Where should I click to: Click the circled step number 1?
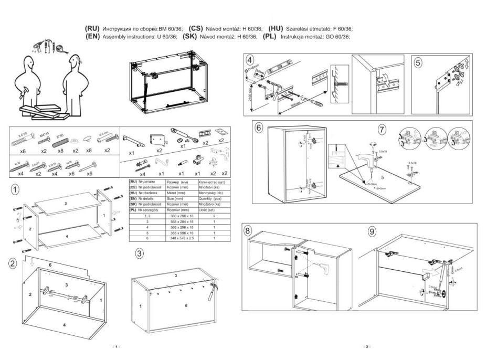coord(17,188)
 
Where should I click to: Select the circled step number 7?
coord(383,129)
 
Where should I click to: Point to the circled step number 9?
coord(372,231)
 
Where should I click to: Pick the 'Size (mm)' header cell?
coord(175,198)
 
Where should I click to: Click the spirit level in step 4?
coord(278,68)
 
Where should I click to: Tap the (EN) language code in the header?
coord(92,37)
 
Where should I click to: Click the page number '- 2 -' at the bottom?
coord(367,347)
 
